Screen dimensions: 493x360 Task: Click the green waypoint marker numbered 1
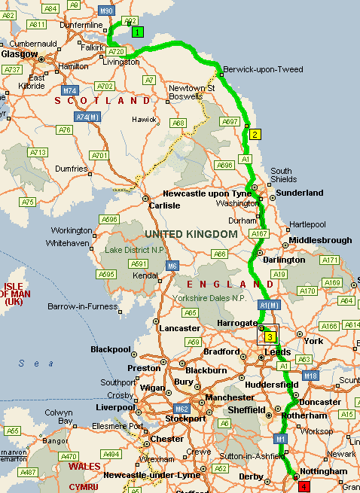point(137,32)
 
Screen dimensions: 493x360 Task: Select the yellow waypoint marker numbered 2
point(255,135)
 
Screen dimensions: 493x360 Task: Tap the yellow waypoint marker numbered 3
point(270,337)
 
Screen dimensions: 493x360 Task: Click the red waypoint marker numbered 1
point(304,487)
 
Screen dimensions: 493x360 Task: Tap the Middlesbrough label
point(321,240)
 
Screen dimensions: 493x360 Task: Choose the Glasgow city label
point(20,54)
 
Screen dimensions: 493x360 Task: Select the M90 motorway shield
point(106,11)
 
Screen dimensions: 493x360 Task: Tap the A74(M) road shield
point(87,117)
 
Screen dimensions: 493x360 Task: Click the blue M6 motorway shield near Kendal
point(172,266)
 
